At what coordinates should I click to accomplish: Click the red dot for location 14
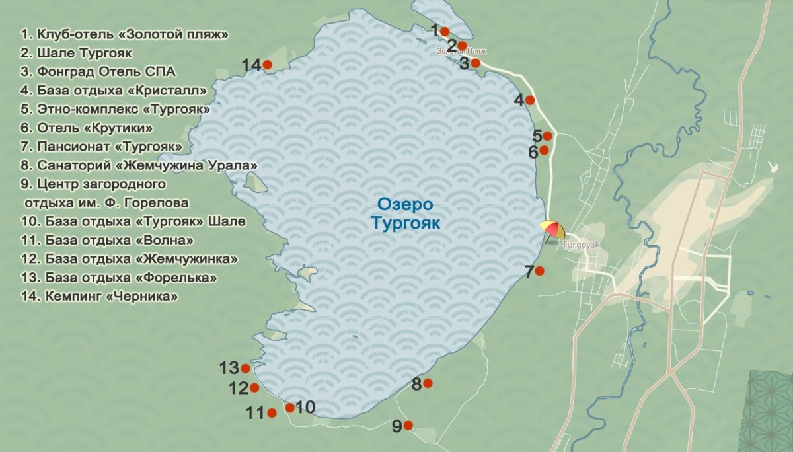click(267, 65)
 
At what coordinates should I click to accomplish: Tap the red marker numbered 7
click(539, 270)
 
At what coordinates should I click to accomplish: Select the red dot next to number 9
click(408, 426)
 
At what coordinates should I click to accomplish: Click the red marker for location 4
click(529, 100)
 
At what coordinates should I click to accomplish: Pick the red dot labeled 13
click(245, 369)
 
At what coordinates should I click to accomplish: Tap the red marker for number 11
click(272, 413)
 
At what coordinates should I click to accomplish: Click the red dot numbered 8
click(428, 383)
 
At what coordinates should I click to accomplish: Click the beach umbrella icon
click(552, 231)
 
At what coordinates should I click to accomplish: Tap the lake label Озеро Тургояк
click(405, 214)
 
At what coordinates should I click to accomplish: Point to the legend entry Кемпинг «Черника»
click(100, 297)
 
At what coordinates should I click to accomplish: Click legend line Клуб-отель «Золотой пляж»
click(125, 34)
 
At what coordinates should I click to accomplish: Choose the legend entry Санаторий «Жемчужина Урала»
click(139, 165)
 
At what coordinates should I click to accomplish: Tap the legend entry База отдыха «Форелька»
click(119, 278)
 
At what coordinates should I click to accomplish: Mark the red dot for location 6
click(544, 150)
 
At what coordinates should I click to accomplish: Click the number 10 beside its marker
click(305, 407)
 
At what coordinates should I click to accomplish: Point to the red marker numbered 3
click(475, 63)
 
